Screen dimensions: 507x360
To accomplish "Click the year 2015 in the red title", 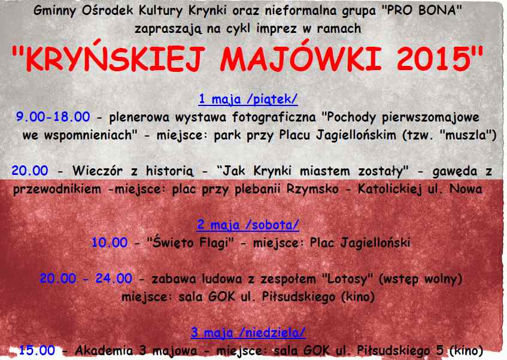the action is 434,59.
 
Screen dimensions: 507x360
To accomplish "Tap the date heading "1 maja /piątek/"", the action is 248,99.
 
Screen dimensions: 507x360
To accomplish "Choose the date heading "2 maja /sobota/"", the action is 248,225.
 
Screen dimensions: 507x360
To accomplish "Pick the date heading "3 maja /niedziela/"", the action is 248,332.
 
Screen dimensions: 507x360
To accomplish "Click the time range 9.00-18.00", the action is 53,117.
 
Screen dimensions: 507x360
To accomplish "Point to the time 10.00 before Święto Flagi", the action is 110,243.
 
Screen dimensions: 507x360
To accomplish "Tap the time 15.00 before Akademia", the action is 37,350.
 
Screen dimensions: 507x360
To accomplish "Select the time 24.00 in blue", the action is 114,279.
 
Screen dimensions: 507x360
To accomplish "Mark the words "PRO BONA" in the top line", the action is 422,10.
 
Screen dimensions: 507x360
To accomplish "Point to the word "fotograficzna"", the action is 274,117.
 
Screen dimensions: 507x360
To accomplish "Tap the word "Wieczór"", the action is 98,171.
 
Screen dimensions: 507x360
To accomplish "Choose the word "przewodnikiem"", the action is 57,189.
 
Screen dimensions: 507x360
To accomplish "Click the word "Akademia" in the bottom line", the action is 104,350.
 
